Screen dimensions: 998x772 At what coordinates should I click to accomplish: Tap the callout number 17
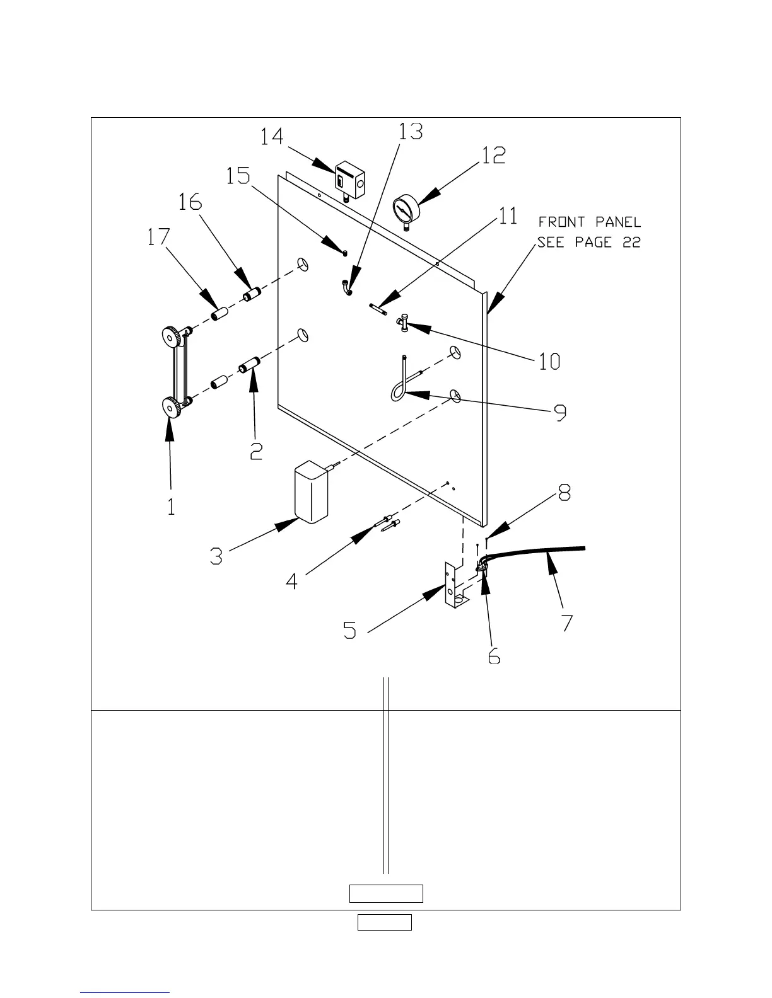[x=158, y=238]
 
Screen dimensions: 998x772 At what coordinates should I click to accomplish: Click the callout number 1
[x=172, y=506]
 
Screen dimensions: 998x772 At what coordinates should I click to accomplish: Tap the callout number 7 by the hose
[x=566, y=622]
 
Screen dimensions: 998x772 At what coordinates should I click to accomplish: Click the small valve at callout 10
[x=402, y=324]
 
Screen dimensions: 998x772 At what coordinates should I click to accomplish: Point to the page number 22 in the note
[x=631, y=243]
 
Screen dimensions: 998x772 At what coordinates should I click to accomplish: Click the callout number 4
[x=291, y=580]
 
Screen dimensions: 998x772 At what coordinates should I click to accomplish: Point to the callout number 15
[x=238, y=175]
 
